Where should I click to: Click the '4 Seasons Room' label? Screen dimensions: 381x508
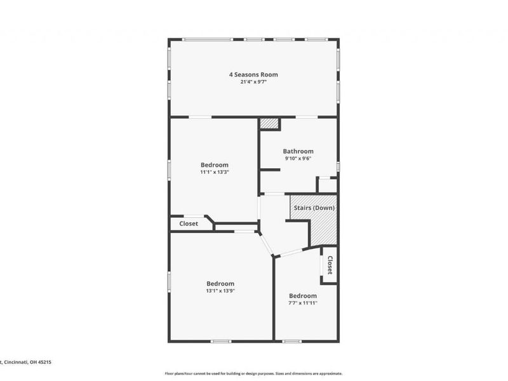(253, 74)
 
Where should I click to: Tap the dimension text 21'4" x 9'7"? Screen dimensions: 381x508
(253, 82)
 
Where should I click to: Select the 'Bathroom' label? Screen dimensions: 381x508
(298, 151)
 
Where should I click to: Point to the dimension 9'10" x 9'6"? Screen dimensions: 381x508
(298, 159)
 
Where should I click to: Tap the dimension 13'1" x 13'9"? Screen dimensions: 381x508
(220, 291)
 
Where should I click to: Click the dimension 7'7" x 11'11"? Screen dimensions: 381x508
(303, 303)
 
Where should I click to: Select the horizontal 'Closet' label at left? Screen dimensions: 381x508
(189, 224)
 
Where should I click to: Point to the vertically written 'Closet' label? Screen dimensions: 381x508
(330, 265)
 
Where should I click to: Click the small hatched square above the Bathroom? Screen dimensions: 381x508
(270, 123)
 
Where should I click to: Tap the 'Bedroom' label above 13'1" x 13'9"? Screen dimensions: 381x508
(220, 283)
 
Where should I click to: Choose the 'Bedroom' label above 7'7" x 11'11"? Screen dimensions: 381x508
(303, 295)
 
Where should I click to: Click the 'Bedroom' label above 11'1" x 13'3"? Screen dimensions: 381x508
(214, 164)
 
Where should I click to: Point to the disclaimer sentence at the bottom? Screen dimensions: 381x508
(253, 373)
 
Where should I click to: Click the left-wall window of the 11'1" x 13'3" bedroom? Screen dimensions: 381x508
(169, 170)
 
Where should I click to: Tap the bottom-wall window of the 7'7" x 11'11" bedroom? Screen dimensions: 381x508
(291, 342)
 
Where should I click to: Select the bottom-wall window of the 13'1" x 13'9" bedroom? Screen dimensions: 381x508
(220, 342)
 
